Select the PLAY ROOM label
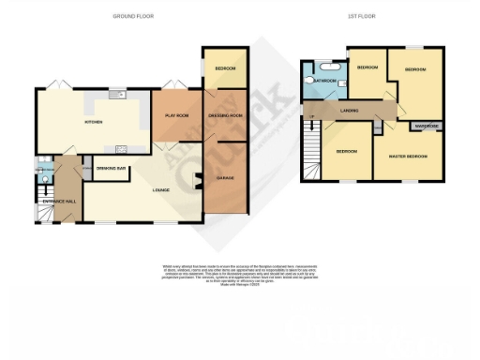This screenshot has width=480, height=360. [x=178, y=114]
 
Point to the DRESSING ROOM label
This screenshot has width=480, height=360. [x=225, y=114]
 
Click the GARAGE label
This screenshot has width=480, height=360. [x=225, y=177]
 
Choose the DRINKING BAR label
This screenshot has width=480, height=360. [x=112, y=169]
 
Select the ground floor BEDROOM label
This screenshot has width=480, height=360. [x=225, y=69]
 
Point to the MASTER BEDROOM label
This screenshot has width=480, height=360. [x=409, y=156]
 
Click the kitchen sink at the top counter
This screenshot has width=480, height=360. [x=117, y=93]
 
